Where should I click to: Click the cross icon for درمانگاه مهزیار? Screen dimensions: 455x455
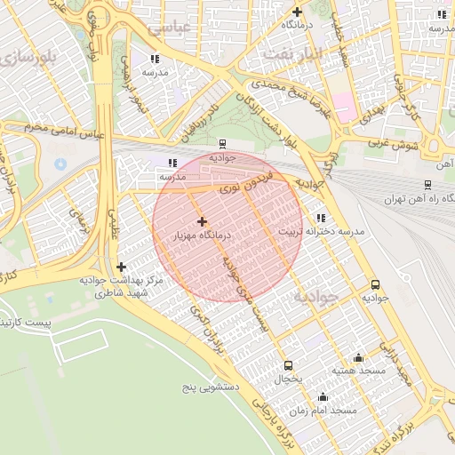coord(202,221)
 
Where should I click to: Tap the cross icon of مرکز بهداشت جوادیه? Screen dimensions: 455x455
coord(121,267)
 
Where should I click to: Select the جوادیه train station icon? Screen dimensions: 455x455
coord(221,143)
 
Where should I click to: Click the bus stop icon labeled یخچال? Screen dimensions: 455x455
coord(287,365)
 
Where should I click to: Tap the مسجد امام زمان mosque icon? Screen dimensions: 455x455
coord(323,397)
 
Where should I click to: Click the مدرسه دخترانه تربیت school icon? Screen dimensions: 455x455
coord(321,218)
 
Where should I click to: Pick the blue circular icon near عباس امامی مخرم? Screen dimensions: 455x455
coord(60,164)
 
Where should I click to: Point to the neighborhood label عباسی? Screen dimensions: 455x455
coord(170,28)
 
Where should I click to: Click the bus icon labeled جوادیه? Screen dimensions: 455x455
coord(375,285)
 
